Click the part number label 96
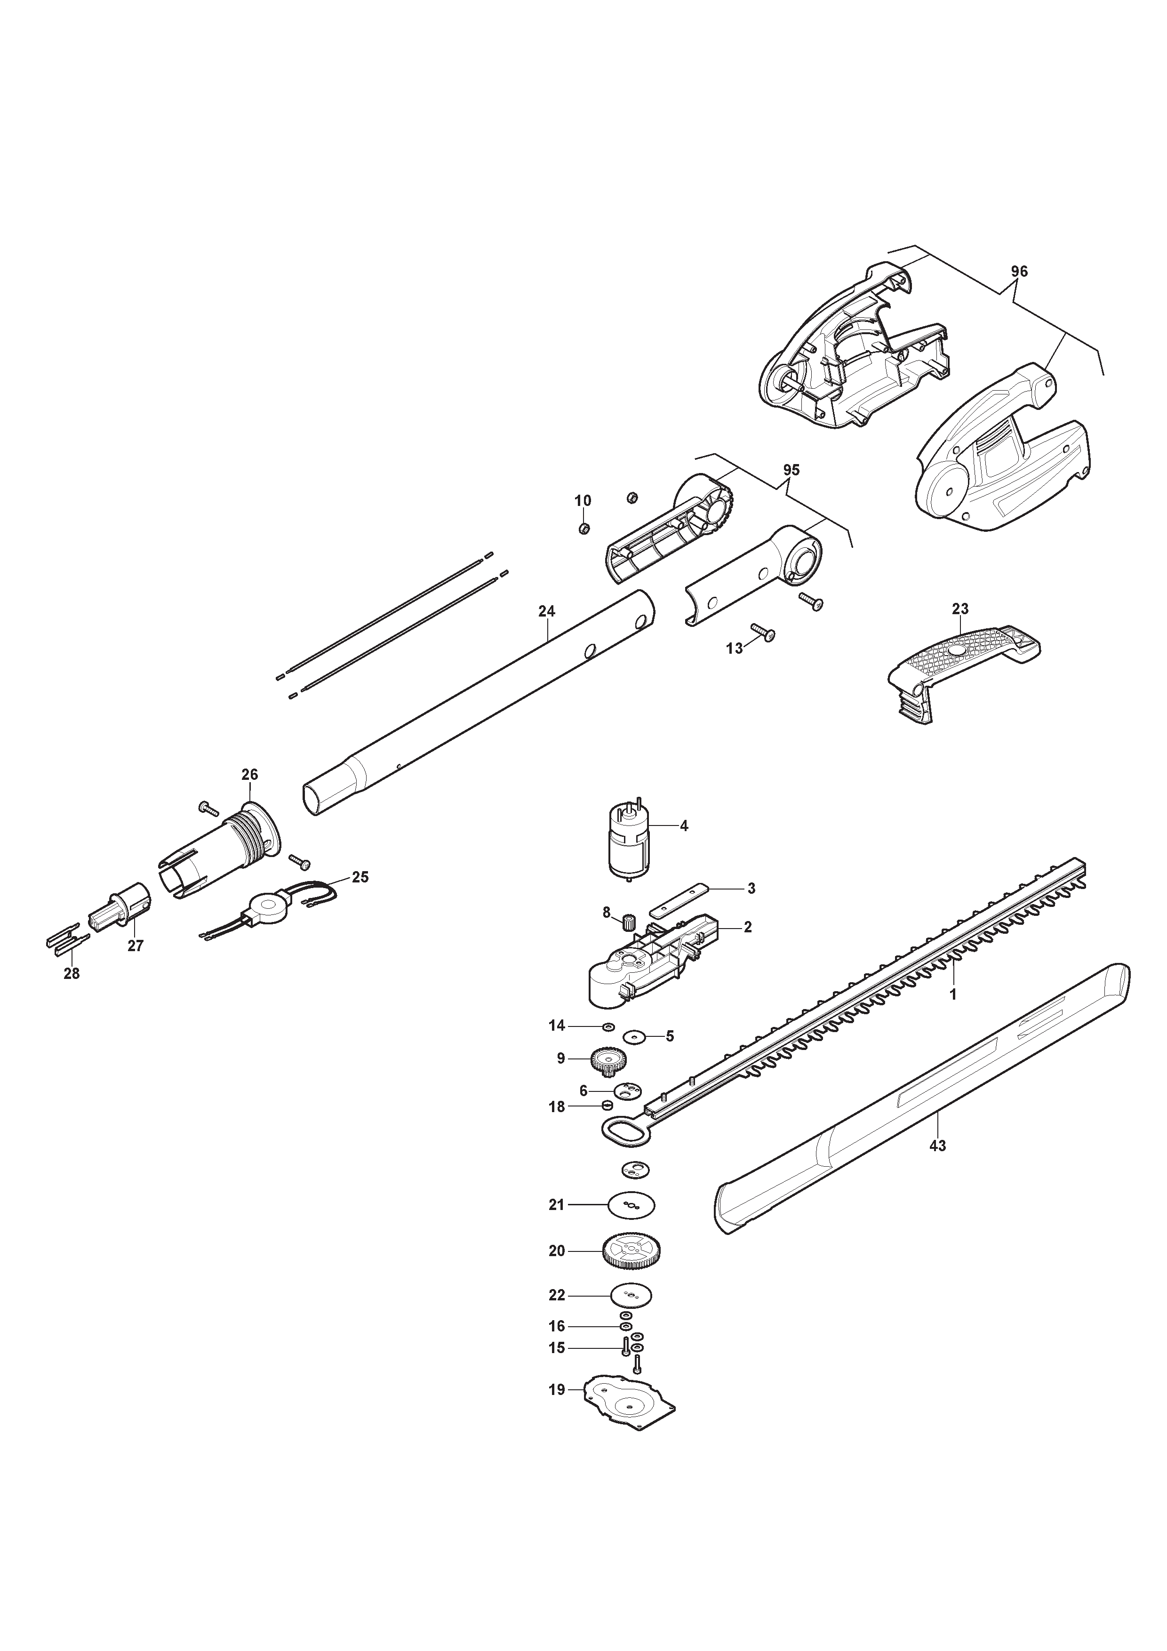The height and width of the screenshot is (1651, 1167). (1019, 272)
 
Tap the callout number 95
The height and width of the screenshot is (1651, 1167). (791, 470)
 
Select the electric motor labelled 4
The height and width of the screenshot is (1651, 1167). (629, 841)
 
